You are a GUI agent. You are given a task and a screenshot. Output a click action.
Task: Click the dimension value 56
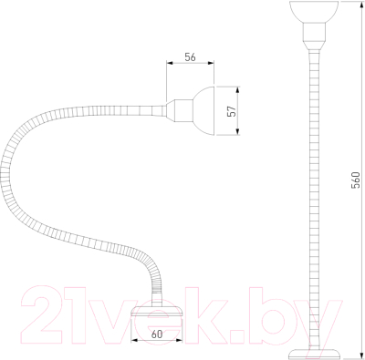191,57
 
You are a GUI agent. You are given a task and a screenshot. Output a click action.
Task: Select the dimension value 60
158,334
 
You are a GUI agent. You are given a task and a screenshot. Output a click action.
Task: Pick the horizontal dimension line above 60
157,343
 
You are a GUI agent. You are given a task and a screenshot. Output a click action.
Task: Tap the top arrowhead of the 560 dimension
362,5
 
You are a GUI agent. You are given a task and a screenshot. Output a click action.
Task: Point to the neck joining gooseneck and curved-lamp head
170,109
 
